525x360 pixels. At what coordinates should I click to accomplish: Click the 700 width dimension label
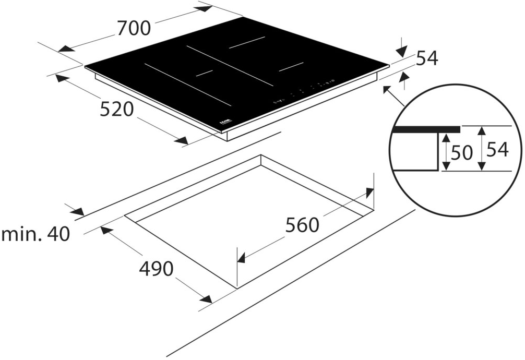[x=134, y=27]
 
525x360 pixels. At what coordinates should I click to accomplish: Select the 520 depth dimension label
[x=117, y=110]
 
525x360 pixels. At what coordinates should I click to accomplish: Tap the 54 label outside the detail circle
[x=427, y=59]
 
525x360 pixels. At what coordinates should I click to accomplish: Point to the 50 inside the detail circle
[x=461, y=152]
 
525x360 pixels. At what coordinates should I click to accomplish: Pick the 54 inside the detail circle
[x=497, y=150]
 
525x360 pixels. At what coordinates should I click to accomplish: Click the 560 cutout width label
[x=302, y=225]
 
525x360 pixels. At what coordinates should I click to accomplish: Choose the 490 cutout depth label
[x=156, y=269]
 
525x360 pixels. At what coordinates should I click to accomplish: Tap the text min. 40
[x=35, y=234]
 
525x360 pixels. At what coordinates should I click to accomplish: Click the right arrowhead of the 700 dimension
[x=205, y=8]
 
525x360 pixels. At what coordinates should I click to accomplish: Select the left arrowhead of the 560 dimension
[x=242, y=257]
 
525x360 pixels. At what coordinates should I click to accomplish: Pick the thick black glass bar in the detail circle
[x=427, y=129]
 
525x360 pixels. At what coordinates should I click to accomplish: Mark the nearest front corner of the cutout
[x=237, y=288]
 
